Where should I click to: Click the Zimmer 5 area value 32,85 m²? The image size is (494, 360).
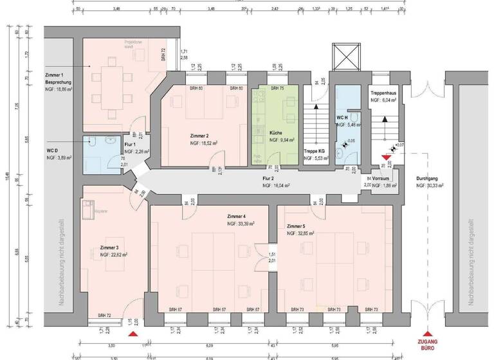pyautogui.click(x=300, y=234)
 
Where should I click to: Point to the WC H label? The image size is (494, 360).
pyautogui.click(x=343, y=118)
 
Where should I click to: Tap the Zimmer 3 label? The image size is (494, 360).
pyautogui.click(x=109, y=248)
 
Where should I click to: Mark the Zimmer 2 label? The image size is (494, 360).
pyautogui.click(x=199, y=136)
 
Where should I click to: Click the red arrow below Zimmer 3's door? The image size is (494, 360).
pyautogui.click(x=133, y=335)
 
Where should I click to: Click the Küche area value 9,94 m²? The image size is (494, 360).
pyautogui.click(x=282, y=139)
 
